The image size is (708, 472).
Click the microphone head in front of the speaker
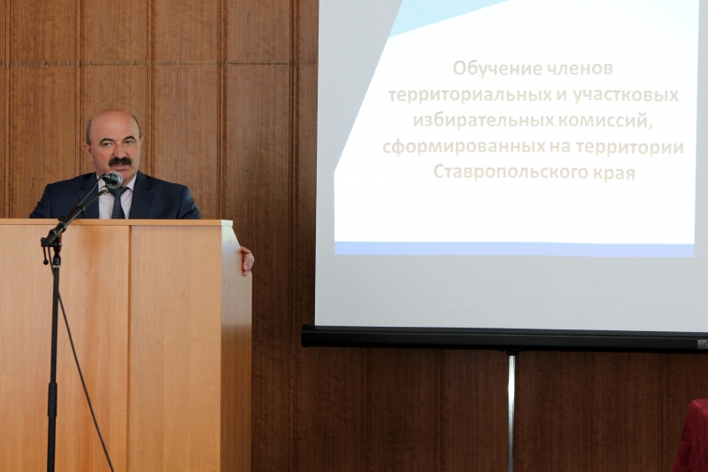tap(112, 179)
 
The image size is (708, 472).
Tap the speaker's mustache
tap(120, 161)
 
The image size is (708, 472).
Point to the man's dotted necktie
tap(119, 203)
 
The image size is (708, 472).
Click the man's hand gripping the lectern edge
tap(247, 260)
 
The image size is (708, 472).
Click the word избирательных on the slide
tap(483, 121)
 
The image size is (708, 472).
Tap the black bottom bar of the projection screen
tap(504, 338)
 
